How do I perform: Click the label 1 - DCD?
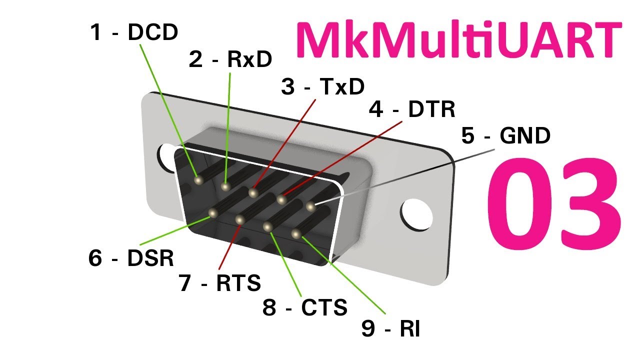134,32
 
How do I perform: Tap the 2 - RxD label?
230,59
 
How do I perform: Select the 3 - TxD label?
323,86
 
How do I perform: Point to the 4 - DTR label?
411,109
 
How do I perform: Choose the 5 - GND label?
505,135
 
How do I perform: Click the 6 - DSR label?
131,258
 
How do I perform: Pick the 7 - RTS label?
219,283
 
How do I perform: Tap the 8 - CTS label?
305,307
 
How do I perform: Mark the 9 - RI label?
390,328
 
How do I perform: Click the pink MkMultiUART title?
459,39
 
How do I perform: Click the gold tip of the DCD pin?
198,180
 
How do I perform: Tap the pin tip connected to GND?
311,206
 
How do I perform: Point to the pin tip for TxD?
253,192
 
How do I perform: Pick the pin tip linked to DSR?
213,213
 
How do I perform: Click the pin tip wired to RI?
296,233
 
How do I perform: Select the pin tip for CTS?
267,227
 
